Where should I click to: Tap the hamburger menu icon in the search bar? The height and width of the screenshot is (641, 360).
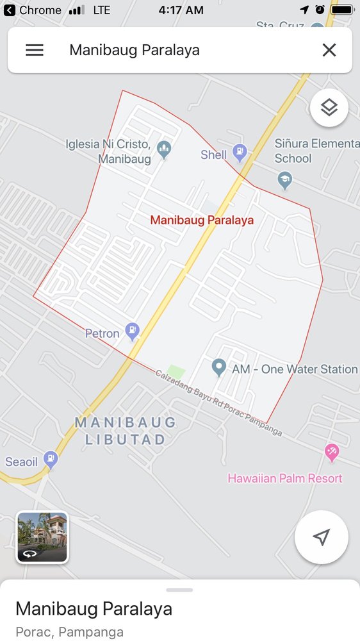(35, 50)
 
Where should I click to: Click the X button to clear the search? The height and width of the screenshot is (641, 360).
(329, 50)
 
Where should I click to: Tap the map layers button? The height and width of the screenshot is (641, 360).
(329, 108)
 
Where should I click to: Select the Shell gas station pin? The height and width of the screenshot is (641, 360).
(240, 153)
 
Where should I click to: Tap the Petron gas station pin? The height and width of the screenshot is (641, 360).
(133, 331)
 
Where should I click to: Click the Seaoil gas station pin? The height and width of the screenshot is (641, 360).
(51, 460)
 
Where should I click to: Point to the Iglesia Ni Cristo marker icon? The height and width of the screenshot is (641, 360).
(164, 150)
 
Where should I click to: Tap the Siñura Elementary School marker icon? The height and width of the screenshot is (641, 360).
(285, 180)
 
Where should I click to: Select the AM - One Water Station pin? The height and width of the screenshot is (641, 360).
(219, 368)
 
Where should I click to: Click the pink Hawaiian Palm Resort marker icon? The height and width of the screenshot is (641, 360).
(332, 453)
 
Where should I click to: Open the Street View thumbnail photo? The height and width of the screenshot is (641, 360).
(42, 537)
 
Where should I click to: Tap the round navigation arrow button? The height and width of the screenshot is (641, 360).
(322, 537)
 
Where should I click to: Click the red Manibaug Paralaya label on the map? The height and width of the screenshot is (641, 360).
(202, 220)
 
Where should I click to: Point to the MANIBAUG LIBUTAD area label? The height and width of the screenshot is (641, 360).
(126, 431)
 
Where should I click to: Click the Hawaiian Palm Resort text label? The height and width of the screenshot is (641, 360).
(285, 478)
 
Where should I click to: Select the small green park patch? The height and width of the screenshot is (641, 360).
(176, 372)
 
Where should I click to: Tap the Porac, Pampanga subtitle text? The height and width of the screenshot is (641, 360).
(69, 632)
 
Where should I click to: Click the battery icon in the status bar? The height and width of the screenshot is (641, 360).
(342, 10)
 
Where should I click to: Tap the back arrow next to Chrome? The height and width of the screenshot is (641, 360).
(9, 10)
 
